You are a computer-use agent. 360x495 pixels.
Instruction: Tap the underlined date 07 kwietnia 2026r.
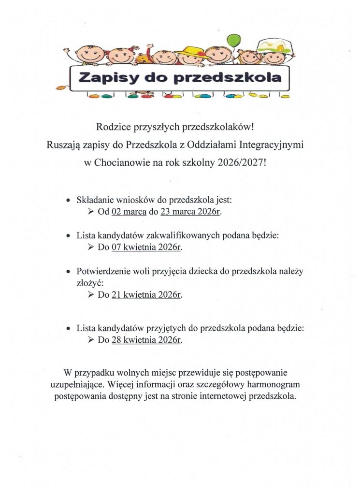pyautogui.click(x=146, y=247)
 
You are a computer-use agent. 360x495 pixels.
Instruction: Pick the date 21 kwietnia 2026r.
pyautogui.click(x=146, y=293)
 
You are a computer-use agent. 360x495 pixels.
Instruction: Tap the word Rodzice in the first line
pyautogui.click(x=113, y=127)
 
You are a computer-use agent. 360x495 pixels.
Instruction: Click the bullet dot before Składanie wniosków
pyautogui.click(x=68, y=200)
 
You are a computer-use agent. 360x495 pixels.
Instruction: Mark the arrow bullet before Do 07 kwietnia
pyautogui.click(x=90, y=247)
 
